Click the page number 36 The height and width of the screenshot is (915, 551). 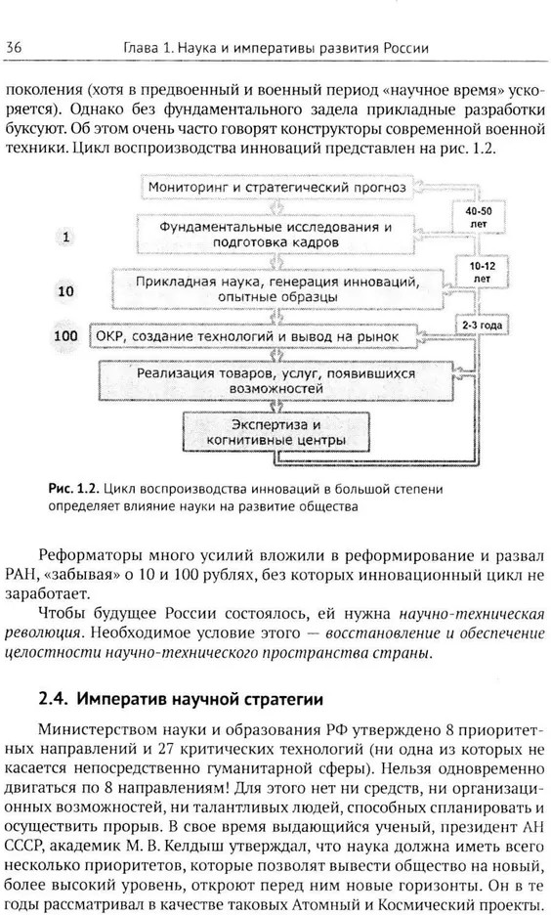click(x=14, y=47)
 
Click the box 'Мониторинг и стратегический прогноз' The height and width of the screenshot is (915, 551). click(x=276, y=188)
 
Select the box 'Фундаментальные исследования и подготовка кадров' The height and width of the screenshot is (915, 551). click(x=275, y=234)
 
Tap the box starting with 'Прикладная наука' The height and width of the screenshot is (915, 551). click(x=277, y=288)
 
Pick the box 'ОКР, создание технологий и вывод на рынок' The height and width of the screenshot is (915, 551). click(x=253, y=336)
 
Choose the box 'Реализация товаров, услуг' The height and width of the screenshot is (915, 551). click(x=275, y=380)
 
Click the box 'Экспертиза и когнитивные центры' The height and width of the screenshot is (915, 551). click(x=276, y=432)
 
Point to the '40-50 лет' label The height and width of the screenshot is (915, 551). click(x=478, y=216)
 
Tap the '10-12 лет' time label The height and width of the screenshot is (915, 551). click(x=482, y=272)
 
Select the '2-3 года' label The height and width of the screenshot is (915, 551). click(x=482, y=325)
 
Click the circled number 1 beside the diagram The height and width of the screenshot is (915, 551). click(x=65, y=237)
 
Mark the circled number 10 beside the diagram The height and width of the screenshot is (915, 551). click(x=65, y=290)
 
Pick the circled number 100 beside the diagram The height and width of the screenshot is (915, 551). click(x=65, y=336)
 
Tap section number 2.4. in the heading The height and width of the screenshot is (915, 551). click(x=54, y=699)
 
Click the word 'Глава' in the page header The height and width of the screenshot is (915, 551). click(x=140, y=48)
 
